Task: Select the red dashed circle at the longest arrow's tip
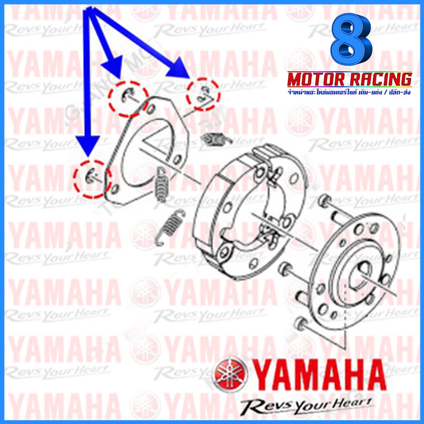pyautogui.click(x=203, y=93)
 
